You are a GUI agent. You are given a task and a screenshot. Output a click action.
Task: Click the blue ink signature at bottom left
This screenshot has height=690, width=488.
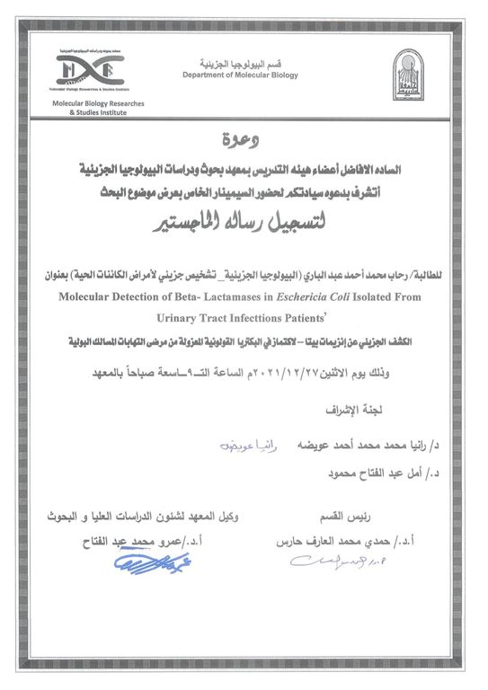[x=144, y=564]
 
